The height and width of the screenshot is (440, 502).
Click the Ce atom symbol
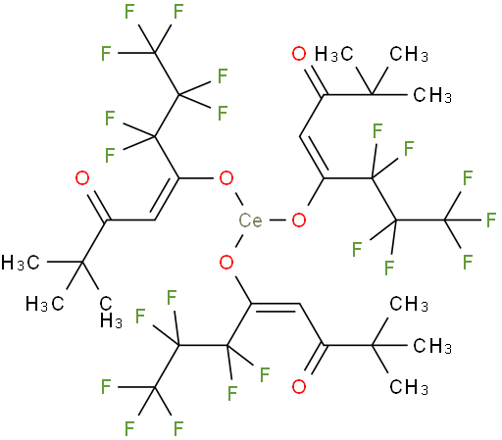250,220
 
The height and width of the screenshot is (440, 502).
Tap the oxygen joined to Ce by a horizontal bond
299,220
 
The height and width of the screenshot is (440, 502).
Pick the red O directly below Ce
226,262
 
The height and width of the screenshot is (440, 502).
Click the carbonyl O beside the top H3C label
299,54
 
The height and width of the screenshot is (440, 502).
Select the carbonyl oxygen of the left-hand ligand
82,178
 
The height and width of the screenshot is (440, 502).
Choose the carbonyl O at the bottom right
299,387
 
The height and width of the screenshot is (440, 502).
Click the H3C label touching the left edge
21,263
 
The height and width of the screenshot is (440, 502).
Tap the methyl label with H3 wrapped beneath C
111,313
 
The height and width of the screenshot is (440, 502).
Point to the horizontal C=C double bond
276,307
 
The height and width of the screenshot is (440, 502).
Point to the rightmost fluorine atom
491,220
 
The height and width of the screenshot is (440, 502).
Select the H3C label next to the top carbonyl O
334,54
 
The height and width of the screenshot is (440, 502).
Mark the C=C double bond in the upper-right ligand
313,157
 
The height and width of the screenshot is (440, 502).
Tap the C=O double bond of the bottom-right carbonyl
313,360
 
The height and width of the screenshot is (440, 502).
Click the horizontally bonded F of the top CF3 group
106,53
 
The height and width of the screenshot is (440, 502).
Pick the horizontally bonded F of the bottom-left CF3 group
106,387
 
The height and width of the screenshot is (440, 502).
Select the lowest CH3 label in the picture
409,387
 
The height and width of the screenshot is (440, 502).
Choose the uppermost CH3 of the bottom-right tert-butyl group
409,304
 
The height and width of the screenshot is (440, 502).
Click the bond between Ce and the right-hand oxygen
277,220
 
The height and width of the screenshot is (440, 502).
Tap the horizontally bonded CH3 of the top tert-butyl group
432,95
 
